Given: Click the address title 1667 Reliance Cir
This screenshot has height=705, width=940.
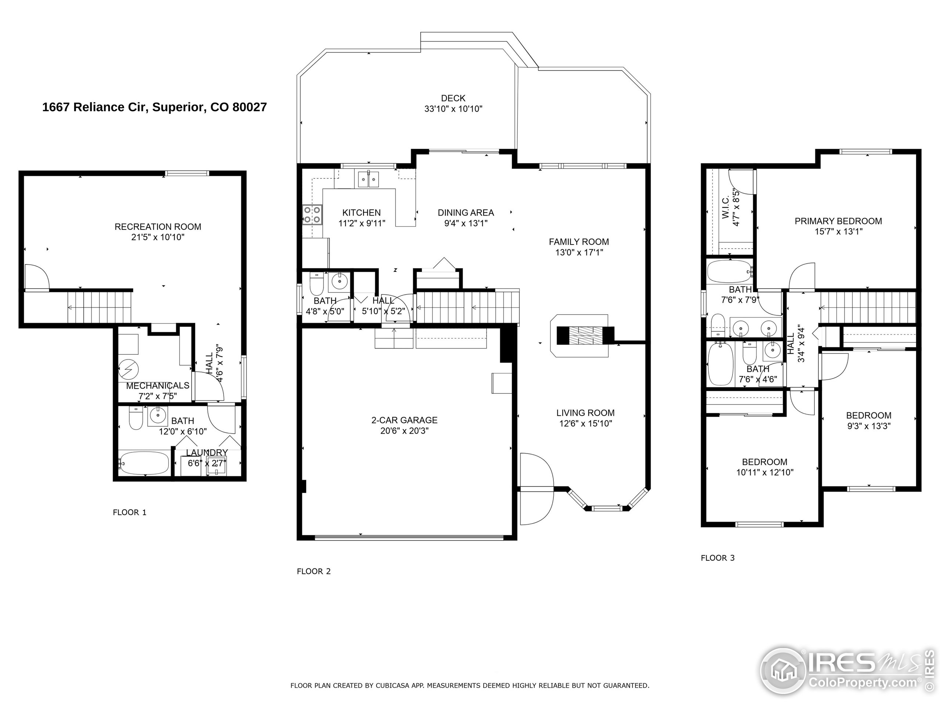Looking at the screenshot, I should click(154, 107).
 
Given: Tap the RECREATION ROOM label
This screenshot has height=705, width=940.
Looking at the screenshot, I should click(158, 227).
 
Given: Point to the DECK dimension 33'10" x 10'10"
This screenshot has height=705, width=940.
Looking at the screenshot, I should click(453, 109).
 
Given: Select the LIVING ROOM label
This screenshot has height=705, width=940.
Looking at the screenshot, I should click(585, 413).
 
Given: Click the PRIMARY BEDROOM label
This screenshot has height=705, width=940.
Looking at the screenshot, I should click(838, 221).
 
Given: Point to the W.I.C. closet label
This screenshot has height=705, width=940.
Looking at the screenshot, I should click(726, 208).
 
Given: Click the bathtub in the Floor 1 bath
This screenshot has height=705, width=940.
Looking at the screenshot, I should click(144, 463).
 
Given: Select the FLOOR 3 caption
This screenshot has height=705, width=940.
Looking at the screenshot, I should click(717, 558).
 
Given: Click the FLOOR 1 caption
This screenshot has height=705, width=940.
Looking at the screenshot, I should click(129, 513).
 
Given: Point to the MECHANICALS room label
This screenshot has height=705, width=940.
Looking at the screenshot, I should click(158, 386).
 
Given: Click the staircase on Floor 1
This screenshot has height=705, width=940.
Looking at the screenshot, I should click(99, 306).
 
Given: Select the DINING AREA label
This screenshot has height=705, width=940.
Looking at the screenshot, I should click(465, 213).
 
